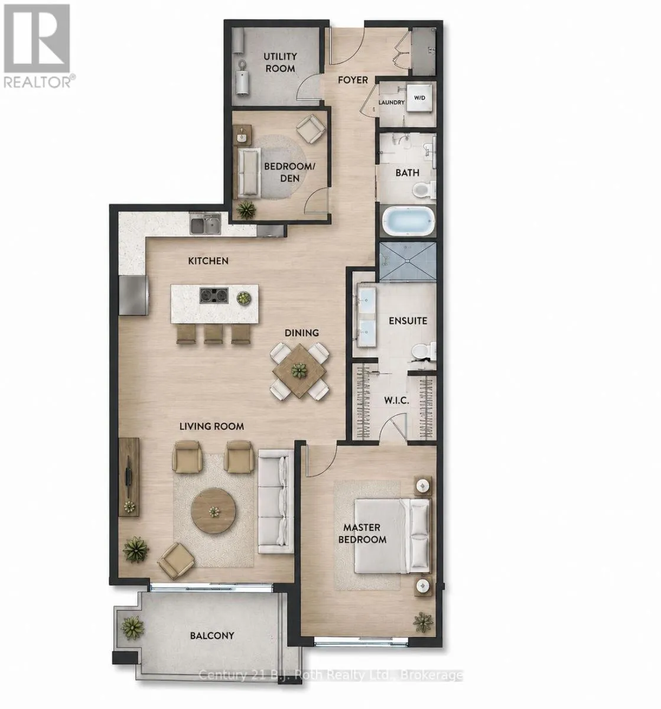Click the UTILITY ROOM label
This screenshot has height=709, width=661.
[x=280, y=62]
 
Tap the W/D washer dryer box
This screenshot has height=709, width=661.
[x=419, y=97]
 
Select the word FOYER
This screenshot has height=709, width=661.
[x=353, y=80]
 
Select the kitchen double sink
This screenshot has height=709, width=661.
[x=205, y=223]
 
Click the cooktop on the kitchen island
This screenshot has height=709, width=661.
[x=214, y=295]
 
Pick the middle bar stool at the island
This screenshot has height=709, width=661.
[x=214, y=334]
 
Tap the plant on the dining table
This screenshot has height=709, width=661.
[x=299, y=370]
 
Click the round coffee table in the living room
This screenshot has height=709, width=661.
[x=213, y=510]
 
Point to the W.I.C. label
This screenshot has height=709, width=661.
[x=396, y=401]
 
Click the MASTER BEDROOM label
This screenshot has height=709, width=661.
[x=362, y=533]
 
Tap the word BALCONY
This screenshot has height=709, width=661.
[x=212, y=636]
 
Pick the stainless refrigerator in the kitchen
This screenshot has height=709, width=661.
[x=133, y=295]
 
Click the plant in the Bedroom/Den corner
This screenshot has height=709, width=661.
[x=246, y=210]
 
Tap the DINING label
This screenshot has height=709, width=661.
[x=301, y=333]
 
